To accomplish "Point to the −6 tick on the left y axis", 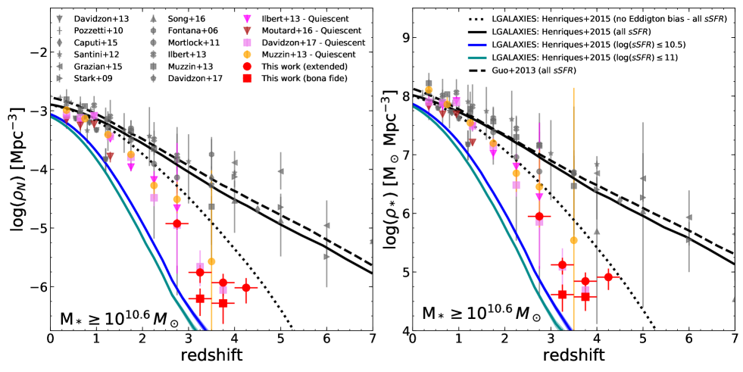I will tap(36, 287).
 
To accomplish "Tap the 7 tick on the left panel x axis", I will tap(372, 339).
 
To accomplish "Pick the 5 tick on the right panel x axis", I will tap(642, 339).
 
